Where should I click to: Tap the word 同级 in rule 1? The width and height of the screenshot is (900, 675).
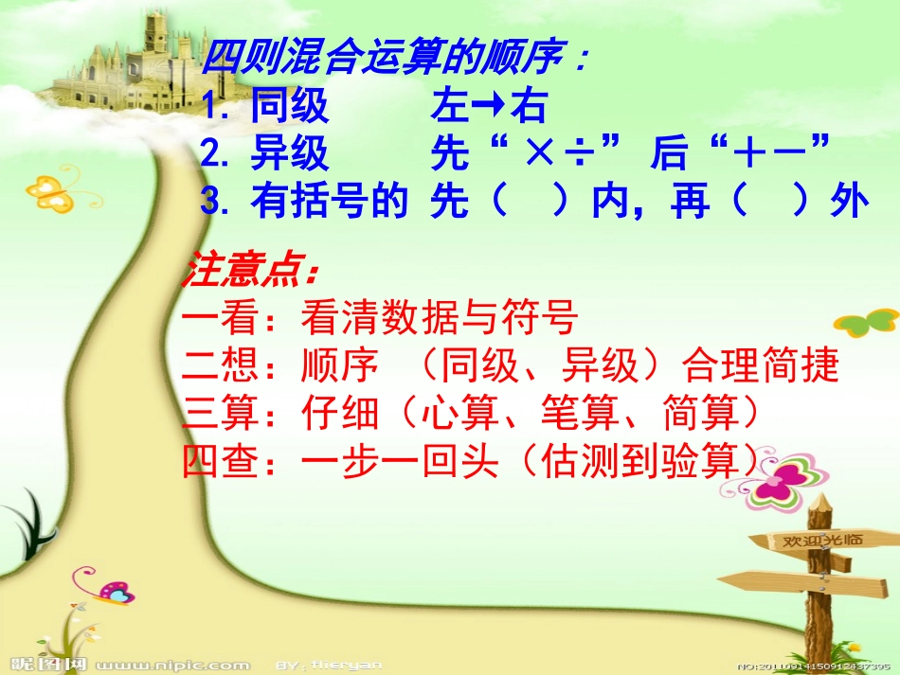pyautogui.click(x=290, y=108)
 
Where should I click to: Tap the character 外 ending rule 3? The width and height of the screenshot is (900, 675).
pyautogui.click(x=849, y=203)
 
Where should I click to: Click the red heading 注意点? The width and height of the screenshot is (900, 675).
pyautogui.click(x=250, y=272)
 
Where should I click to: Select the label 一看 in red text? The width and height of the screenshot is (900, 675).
pyautogui.click(x=219, y=320)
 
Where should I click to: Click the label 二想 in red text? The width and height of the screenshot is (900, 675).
pyautogui.click(x=219, y=366)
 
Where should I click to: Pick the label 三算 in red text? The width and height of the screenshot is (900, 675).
pyautogui.click(x=219, y=414)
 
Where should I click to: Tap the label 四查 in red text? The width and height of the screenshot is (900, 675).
pyautogui.click(x=219, y=461)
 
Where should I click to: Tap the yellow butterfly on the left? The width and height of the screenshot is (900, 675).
pyautogui.click(x=52, y=188)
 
